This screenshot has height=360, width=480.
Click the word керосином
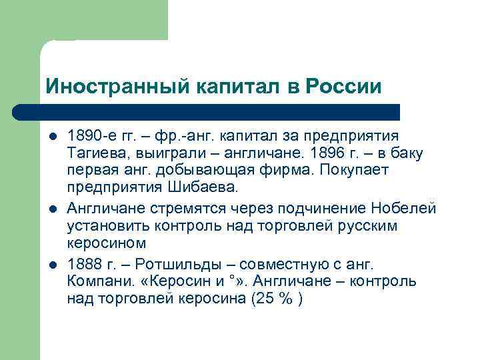pyautogui.click(x=97, y=242)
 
